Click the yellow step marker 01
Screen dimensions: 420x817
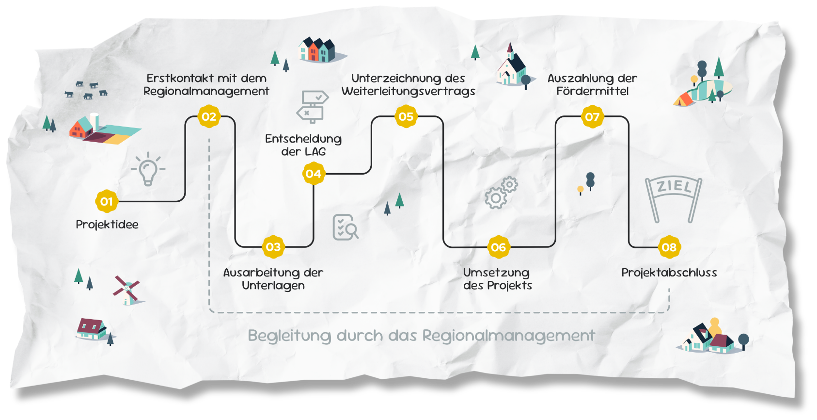(107, 201)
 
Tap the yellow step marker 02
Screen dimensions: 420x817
(209, 117)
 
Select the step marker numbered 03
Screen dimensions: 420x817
(273, 247)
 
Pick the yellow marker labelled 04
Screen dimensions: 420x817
(314, 174)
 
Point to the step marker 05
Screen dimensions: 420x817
(406, 117)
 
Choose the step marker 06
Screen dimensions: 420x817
(498, 247)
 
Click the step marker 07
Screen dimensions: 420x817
(592, 117)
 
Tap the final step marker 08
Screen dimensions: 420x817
(669, 247)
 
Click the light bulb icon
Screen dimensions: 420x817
(148, 169)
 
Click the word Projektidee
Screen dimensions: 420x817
(107, 225)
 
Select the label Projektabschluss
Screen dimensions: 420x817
(669, 273)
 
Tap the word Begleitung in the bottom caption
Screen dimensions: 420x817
(289, 336)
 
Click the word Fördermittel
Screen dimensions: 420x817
(593, 91)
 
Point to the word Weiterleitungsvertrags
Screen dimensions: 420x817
(408, 91)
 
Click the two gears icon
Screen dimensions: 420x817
(501, 193)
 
